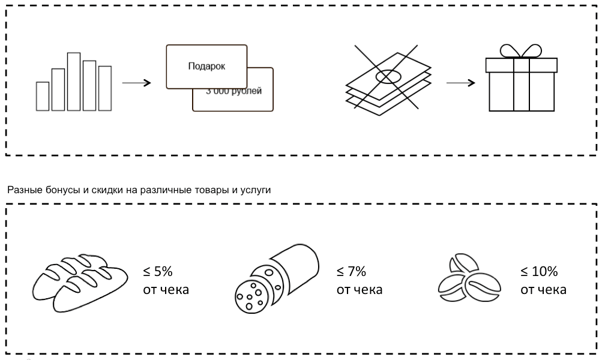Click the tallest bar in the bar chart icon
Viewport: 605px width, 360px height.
click(74, 82)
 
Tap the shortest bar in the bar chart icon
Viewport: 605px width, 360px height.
click(43, 96)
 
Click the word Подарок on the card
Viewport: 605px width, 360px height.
click(206, 66)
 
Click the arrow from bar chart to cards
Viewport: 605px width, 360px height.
click(136, 82)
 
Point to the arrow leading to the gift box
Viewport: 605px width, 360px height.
click(461, 82)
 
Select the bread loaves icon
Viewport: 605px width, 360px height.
click(81, 280)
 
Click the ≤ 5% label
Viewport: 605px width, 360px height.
click(157, 271)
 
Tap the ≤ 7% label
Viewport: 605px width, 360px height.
click(351, 271)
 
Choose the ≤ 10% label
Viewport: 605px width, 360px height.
click(538, 271)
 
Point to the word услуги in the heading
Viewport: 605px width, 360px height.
click(256, 190)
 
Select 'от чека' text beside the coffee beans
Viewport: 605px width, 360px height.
click(543, 290)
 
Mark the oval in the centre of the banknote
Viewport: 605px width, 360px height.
click(388, 77)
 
